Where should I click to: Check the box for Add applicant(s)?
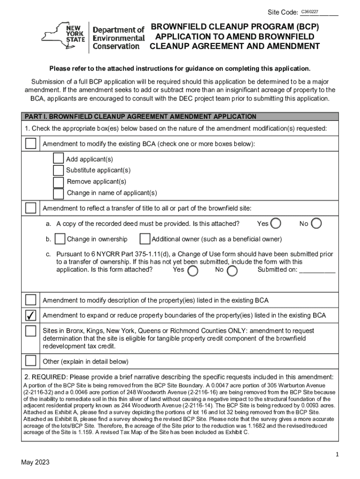[58, 159]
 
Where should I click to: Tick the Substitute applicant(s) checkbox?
[58, 170]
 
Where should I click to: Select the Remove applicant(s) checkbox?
[58, 181]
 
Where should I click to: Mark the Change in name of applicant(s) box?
[58, 193]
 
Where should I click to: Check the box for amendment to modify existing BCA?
[31, 144]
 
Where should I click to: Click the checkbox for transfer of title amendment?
[31, 208]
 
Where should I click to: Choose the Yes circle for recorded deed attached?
[276, 224]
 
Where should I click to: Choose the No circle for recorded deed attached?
[317, 224]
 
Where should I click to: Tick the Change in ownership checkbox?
[60, 239]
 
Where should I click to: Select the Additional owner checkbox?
[145, 239]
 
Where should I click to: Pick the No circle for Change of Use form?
[232, 271]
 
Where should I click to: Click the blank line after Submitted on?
[317, 270]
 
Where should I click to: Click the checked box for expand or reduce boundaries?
[31, 315]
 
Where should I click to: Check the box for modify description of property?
[31, 300]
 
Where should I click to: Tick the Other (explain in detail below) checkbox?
[31, 361]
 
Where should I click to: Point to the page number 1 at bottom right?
[337, 454]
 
